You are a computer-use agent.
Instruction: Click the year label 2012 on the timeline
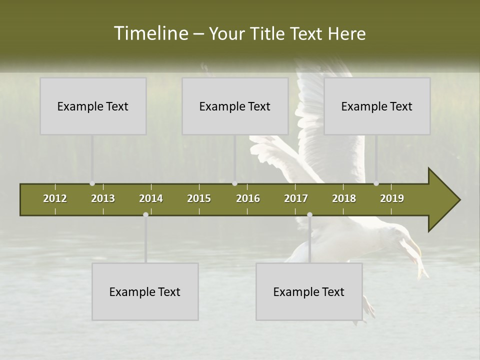coord(55,198)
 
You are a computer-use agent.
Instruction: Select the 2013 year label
coord(103,198)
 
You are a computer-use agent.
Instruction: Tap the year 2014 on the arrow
coord(151,198)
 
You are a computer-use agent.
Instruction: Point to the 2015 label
coord(199,198)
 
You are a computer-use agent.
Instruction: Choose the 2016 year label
coord(248,198)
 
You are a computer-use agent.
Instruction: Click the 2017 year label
coord(296,198)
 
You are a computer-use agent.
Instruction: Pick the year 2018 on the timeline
coord(344,198)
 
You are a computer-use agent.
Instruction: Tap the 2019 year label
coord(392,198)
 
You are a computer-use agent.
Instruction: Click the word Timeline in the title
coord(150,33)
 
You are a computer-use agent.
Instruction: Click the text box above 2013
coord(93,106)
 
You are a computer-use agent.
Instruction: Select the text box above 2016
coord(235,106)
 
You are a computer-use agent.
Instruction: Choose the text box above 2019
coord(377,106)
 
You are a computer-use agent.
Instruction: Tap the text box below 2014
coord(145,291)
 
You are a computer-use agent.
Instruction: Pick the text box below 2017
coord(309,291)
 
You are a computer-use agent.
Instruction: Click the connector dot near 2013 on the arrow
coord(92,183)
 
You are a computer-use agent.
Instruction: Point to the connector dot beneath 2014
coord(145,214)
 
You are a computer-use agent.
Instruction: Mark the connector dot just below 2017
coord(309,214)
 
